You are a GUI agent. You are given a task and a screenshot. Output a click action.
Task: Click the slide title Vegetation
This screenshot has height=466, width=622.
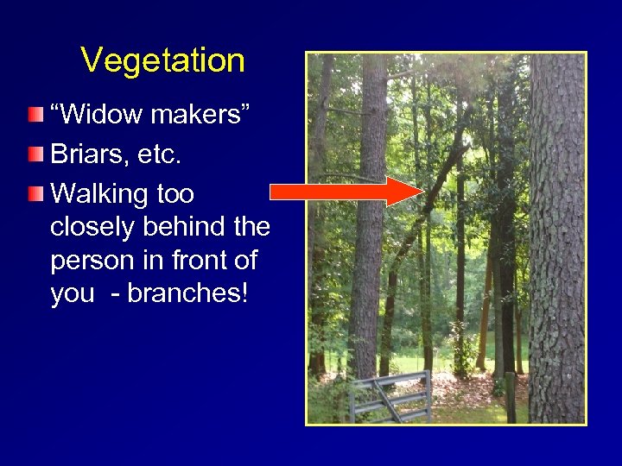point(162,61)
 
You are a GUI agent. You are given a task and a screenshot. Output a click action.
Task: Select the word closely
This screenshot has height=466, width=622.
point(93,227)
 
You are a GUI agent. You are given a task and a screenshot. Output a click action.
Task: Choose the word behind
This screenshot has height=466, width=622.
point(184,227)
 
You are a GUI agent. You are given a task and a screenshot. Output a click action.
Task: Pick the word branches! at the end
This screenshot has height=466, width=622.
point(188,293)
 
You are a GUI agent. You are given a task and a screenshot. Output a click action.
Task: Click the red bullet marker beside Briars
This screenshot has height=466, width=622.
point(34,154)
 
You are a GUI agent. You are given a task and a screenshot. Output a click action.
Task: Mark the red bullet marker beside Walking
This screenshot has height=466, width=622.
point(34,193)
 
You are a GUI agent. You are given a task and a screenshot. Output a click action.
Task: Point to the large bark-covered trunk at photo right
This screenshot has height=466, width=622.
point(556,242)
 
